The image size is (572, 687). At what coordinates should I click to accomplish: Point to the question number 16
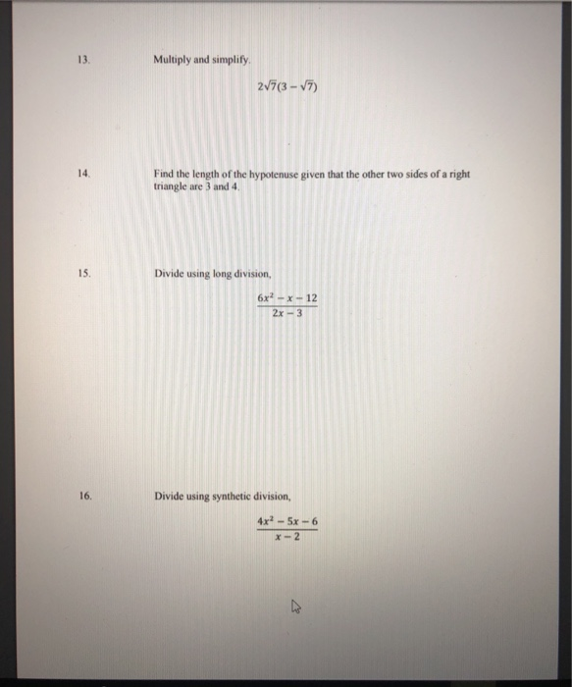pos(84,497)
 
